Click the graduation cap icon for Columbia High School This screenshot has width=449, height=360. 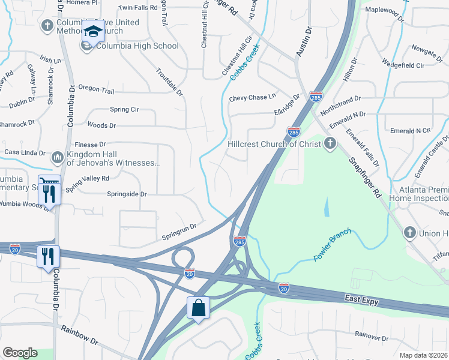(x=92, y=31)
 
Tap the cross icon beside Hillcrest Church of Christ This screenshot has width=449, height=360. (x=329, y=143)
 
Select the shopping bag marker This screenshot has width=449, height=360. (x=198, y=308)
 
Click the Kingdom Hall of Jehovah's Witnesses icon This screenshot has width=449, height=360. (x=58, y=157)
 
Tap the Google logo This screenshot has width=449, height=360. (x=20, y=353)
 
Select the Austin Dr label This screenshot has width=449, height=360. (x=304, y=42)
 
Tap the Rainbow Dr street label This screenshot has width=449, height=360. (x=79, y=335)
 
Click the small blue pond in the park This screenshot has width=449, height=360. (x=327, y=208)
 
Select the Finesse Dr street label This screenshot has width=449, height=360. (x=89, y=145)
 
